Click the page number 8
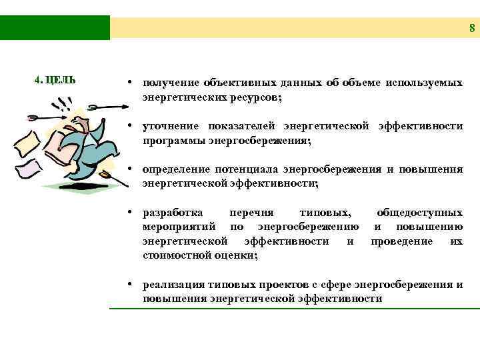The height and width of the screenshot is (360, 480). click(471, 29)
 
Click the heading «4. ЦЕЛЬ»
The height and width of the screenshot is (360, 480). click(55, 80)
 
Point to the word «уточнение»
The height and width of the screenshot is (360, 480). click(171, 127)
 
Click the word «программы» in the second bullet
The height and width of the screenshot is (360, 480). click(170, 141)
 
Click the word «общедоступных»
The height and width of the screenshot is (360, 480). click(419, 213)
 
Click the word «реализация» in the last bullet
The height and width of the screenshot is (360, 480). click(172, 285)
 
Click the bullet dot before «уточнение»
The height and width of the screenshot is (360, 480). click(133, 127)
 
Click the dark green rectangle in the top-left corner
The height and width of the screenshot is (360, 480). click(55, 27)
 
